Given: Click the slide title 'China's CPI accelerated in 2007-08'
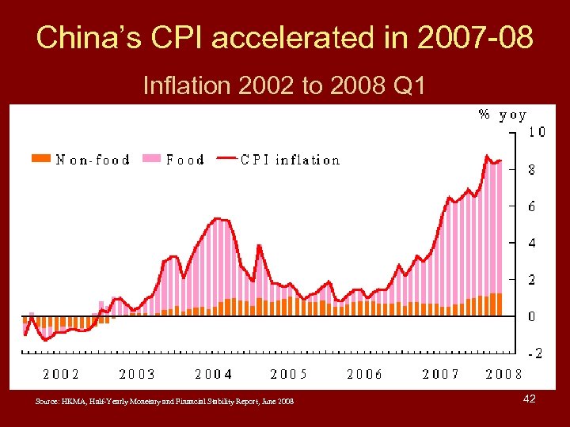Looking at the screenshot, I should click(285, 37).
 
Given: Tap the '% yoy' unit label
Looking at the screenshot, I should click(502, 115).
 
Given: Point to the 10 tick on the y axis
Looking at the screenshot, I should click(536, 132).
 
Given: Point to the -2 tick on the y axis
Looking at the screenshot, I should click(534, 353).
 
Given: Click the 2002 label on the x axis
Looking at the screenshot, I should click(61, 374).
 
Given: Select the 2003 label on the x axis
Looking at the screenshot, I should click(137, 374).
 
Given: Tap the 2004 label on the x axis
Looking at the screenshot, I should click(214, 374).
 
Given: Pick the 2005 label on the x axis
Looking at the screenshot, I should click(289, 374).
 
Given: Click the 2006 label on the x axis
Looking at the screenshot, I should click(364, 374).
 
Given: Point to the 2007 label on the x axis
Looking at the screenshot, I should click(441, 374).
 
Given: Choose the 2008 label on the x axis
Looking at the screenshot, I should click(503, 374).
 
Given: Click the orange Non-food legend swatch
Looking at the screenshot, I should click(41, 160).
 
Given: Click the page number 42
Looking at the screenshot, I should click(530, 399).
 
